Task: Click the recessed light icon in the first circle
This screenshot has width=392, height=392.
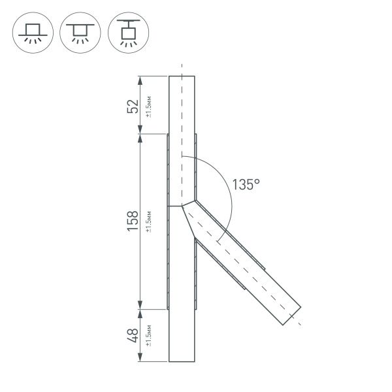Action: click(32, 32)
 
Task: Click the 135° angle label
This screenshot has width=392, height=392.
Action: click(246, 186)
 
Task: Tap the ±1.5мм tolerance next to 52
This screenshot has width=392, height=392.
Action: click(149, 106)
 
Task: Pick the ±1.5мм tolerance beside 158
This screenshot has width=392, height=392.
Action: click(149, 221)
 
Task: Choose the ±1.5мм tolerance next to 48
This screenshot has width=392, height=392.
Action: click(149, 336)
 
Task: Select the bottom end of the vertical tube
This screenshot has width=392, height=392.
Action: click(182, 361)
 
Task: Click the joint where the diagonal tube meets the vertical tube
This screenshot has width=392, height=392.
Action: click(186, 204)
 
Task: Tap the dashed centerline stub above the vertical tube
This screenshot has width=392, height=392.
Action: click(182, 69)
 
